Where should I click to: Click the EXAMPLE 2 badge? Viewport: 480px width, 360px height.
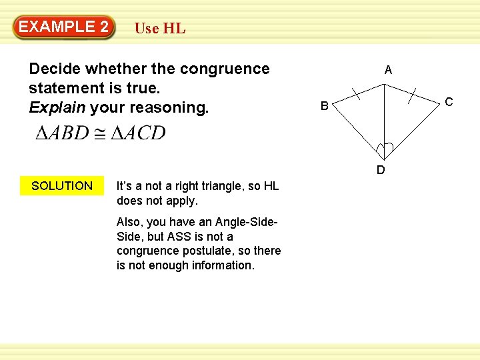pyautogui.click(x=64, y=27)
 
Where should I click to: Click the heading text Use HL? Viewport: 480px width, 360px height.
pyautogui.click(x=160, y=29)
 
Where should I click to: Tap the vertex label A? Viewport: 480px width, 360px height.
pyautogui.click(x=388, y=70)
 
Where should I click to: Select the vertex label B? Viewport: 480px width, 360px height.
pyautogui.click(x=323, y=105)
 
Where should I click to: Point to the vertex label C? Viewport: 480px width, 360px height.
pyautogui.click(x=449, y=102)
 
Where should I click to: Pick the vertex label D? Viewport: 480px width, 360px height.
pyautogui.click(x=381, y=170)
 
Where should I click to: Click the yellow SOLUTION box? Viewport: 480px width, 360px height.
pyautogui.click(x=62, y=186)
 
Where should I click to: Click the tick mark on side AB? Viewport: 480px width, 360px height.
pyautogui.click(x=357, y=93)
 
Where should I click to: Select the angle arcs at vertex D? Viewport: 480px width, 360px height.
pyautogui.click(x=384, y=149)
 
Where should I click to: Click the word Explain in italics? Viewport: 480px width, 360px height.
pyautogui.click(x=57, y=107)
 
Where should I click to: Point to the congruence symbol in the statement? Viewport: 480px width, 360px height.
pyautogui.click(x=99, y=133)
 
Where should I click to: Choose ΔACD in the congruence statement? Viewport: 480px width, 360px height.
pyautogui.click(x=138, y=133)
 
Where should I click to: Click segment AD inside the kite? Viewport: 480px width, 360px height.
pyautogui.click(x=384, y=120)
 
